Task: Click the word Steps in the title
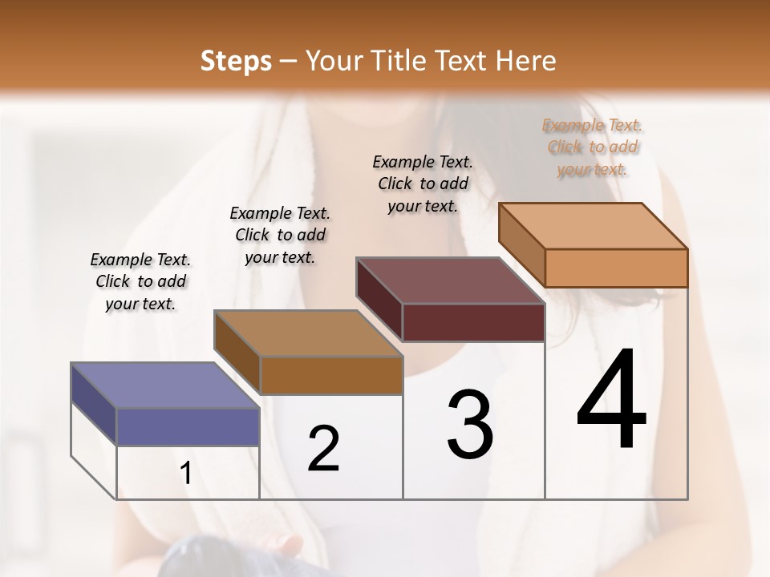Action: (236, 61)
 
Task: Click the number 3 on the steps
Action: (470, 424)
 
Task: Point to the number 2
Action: (323, 449)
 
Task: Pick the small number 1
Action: (186, 474)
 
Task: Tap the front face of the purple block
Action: (188, 426)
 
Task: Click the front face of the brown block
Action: (330, 375)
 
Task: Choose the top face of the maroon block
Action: (450, 280)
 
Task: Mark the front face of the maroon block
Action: (473, 322)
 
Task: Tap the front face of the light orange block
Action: (616, 268)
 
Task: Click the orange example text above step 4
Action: (593, 147)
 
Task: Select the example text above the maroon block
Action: (423, 184)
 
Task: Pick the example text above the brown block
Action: (280, 235)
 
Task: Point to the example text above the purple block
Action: (140, 281)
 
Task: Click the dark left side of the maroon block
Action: (379, 298)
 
